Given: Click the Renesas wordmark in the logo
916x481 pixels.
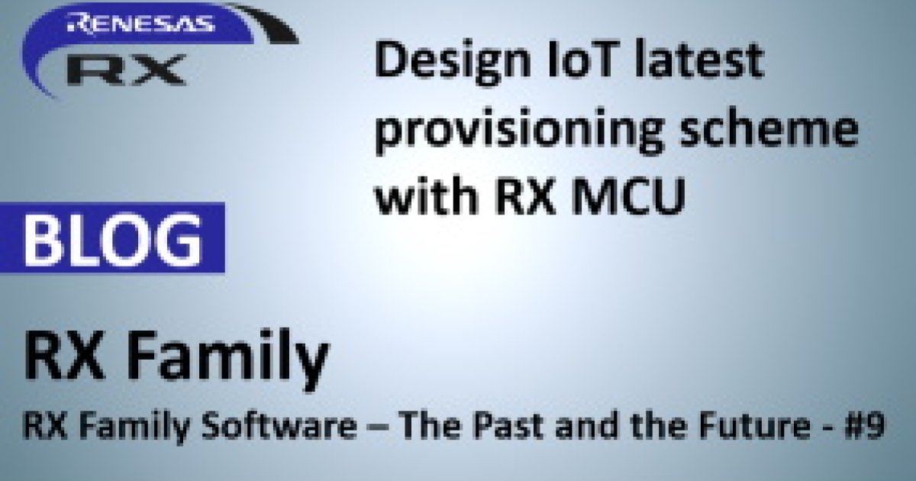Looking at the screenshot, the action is coord(140,23).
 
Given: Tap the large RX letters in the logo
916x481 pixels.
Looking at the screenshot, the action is coord(127,69).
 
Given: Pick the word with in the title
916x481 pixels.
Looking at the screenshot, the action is coord(427,193).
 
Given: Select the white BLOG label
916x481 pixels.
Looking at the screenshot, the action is coord(113,240).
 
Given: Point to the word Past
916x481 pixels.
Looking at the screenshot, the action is coord(508,425).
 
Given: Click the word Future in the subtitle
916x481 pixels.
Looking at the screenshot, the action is coord(753,425).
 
